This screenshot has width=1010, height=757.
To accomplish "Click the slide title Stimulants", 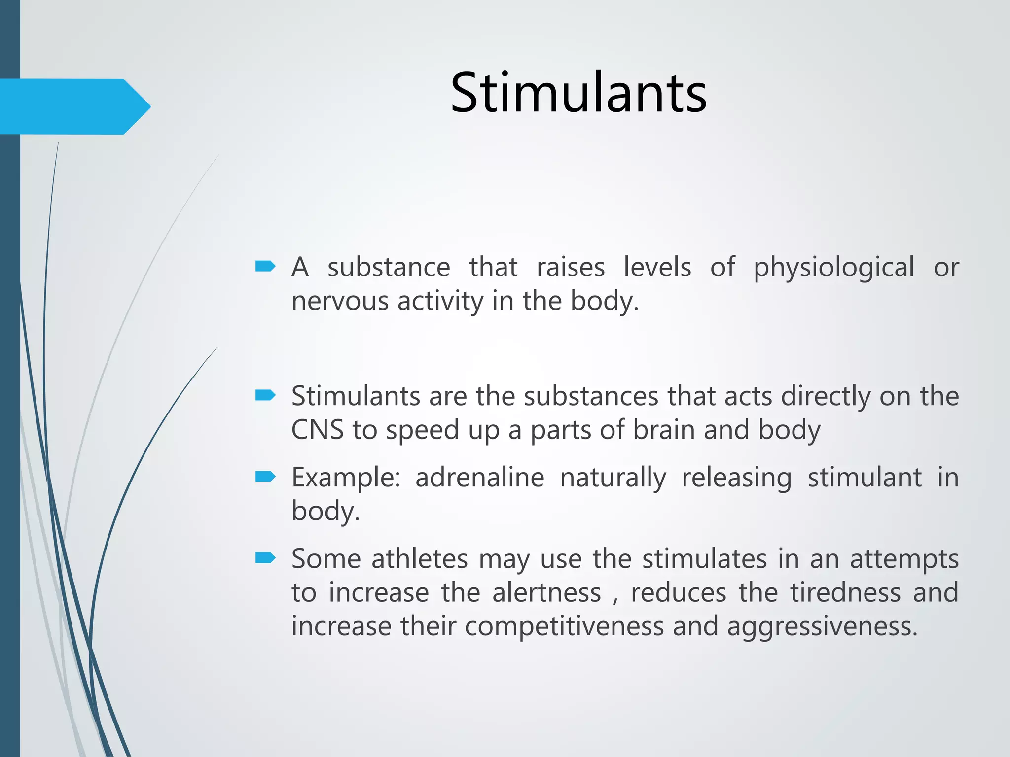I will click(x=578, y=93).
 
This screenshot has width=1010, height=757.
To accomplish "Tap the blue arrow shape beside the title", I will click(x=74, y=106).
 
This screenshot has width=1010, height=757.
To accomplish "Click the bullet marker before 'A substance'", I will click(x=265, y=267).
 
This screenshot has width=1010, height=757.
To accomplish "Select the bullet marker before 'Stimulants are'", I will click(x=265, y=395).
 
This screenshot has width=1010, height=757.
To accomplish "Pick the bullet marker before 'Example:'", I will click(x=265, y=477).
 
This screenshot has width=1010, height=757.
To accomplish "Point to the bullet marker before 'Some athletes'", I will click(x=265, y=558).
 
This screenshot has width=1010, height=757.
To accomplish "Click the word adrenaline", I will click(x=479, y=477).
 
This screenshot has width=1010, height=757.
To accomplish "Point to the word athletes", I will click(x=419, y=559).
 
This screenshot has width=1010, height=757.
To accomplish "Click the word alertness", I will click(x=546, y=592).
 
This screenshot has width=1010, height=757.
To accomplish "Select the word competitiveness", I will click(x=564, y=627).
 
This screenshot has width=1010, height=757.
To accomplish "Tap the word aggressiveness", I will click(x=822, y=627).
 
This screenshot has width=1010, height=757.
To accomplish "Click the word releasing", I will click(x=736, y=478).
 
